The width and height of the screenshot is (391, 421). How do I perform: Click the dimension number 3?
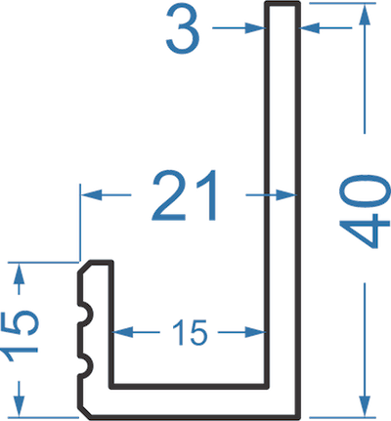(183, 28)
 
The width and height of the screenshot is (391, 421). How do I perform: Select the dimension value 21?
(184, 195)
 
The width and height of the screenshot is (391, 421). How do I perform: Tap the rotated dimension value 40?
(365, 211)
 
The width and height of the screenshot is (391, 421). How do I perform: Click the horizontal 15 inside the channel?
(190, 332)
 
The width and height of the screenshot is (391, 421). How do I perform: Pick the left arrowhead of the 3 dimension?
(254, 28)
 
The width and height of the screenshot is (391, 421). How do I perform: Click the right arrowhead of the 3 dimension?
(309, 28)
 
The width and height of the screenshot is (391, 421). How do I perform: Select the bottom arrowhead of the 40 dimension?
(365, 405)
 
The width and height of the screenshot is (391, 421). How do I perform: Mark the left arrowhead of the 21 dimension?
(91, 195)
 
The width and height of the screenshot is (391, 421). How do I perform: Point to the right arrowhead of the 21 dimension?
(286, 195)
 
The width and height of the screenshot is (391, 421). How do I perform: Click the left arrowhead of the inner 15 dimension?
(123, 332)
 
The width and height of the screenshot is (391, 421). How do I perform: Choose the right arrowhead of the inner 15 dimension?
(255, 332)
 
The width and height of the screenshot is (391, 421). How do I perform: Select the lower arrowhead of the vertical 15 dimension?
(20, 406)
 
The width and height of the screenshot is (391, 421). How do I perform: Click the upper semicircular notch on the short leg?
(87, 315)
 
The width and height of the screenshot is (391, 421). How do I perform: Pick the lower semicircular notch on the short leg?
(87, 366)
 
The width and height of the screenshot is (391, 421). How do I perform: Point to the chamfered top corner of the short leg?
(84, 267)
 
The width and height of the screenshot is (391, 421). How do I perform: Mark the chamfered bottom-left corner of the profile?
(84, 411)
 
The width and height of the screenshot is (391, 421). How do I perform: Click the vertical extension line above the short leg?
(79, 223)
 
